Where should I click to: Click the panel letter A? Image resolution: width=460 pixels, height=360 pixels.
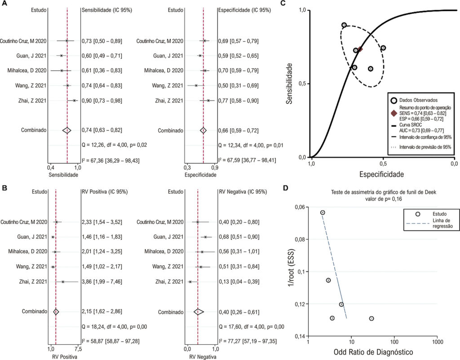pyautogui.click(x=4, y=3)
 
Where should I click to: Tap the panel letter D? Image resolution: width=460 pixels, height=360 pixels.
pyautogui.click(x=286, y=188)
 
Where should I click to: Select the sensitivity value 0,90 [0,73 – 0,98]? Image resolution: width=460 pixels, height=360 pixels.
pyautogui.click(x=102, y=101)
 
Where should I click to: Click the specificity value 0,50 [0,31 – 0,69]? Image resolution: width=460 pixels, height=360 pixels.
pyautogui.click(x=238, y=86)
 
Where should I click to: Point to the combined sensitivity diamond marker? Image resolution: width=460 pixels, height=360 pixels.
pyautogui.click(x=67, y=130)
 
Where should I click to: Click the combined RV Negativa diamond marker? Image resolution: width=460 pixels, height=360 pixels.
pyautogui.click(x=199, y=312)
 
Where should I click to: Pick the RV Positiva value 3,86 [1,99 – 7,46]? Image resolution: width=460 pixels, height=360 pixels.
pyautogui.click(x=102, y=282)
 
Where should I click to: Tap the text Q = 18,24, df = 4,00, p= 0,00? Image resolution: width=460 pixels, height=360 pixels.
pyautogui.click(x=115, y=327)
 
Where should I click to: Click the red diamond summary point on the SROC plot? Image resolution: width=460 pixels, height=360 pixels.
pyautogui.click(x=360, y=49)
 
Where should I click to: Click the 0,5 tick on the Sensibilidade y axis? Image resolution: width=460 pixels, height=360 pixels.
pyautogui.click(x=302, y=84)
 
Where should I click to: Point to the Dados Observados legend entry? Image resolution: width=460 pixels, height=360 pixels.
pyautogui.click(x=414, y=100)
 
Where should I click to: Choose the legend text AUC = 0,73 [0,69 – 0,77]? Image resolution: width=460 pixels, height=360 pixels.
pyautogui.click(x=421, y=131)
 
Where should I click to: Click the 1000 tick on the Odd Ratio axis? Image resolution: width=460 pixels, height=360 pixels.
pyautogui.click(x=437, y=342)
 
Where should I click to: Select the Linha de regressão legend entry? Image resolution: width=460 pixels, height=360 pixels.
pyautogui.click(x=429, y=223)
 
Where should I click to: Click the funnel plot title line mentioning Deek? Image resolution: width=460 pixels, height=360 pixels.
pyautogui.click(x=384, y=192)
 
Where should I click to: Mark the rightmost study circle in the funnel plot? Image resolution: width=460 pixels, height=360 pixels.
pyautogui.click(x=372, y=318)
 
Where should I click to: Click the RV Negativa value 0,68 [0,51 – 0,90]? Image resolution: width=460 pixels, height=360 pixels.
pyautogui.click(x=239, y=237)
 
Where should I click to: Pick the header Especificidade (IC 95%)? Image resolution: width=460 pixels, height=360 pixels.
pyautogui.click(x=244, y=10)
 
